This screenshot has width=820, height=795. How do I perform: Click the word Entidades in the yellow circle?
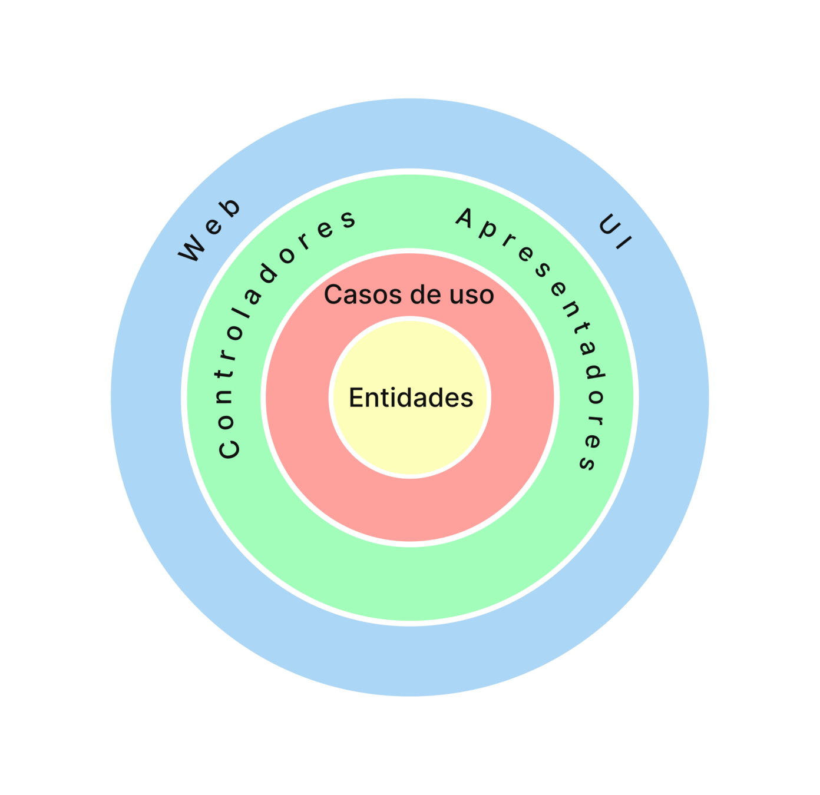(411, 398)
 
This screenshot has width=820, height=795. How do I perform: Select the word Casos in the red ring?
(353, 294)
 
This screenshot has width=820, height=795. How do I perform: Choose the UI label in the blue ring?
(614, 233)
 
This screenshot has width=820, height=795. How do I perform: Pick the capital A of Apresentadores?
(465, 218)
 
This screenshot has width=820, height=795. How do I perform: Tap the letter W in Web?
(193, 248)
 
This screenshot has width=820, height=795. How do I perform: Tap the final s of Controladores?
(348, 219)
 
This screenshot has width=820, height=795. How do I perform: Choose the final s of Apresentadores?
(588, 462)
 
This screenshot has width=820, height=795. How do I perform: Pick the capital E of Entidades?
(355, 397)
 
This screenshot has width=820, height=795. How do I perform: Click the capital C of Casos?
(333, 294)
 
